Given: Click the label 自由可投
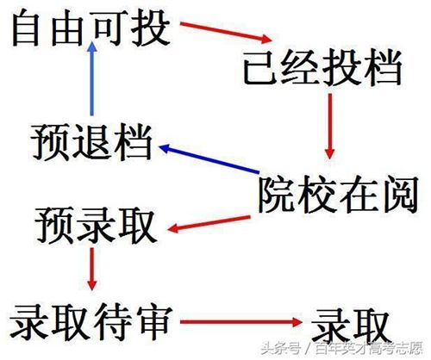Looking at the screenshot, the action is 91,28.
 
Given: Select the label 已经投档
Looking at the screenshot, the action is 322,68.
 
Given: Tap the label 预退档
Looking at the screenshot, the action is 91,142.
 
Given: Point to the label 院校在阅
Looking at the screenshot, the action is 338,195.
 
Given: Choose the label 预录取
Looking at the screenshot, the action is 96,227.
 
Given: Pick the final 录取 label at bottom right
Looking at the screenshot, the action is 351,326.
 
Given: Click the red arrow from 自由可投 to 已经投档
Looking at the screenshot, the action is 226,32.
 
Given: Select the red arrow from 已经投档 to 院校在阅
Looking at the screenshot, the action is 330,127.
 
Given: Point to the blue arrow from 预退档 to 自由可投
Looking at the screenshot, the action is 92,79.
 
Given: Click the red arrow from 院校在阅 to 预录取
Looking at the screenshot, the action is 209,224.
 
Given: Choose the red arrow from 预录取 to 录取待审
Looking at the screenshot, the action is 92,269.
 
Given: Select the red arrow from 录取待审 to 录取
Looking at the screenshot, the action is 241,322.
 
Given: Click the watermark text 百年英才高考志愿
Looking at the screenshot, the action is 369,349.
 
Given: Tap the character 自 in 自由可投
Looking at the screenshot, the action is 26,28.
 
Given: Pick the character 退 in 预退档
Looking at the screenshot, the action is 91,142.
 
